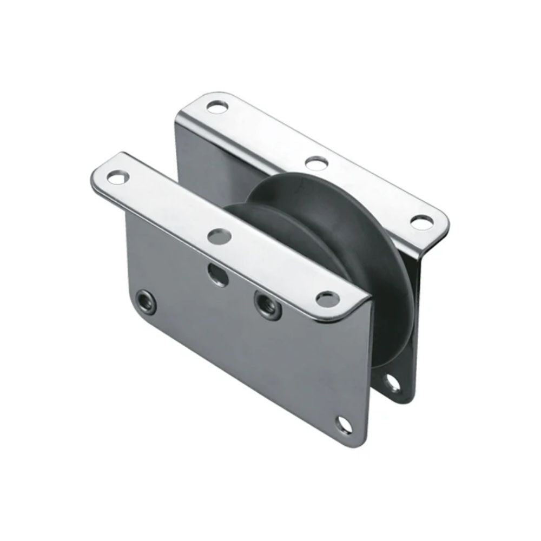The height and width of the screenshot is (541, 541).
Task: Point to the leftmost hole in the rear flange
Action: (217, 106)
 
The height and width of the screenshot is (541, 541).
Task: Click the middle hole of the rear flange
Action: (316, 162)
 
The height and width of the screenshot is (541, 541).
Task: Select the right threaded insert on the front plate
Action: (268, 306)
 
